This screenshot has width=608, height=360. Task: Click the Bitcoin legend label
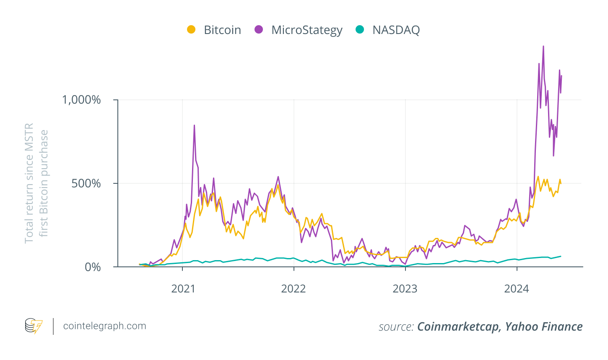(222, 30)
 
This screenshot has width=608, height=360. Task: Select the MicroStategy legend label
(307, 30)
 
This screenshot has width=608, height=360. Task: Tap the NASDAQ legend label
(396, 30)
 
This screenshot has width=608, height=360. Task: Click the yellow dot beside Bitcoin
(191, 29)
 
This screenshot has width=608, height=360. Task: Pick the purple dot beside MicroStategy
(259, 29)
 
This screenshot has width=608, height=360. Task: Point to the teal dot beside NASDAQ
(360, 29)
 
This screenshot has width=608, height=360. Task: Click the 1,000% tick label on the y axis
(81, 100)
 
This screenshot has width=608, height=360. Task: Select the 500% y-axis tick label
(86, 183)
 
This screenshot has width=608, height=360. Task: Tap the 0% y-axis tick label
(93, 267)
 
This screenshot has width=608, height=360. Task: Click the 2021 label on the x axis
(183, 289)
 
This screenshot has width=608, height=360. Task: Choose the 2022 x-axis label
(294, 289)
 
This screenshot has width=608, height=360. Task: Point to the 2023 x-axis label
(405, 289)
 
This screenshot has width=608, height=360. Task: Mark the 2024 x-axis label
(517, 289)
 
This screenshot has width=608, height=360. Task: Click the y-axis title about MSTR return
(36, 183)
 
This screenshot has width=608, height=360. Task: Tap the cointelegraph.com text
(104, 326)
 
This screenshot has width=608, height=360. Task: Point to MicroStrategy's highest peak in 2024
(543, 47)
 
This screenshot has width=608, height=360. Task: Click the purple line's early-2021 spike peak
(194, 125)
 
